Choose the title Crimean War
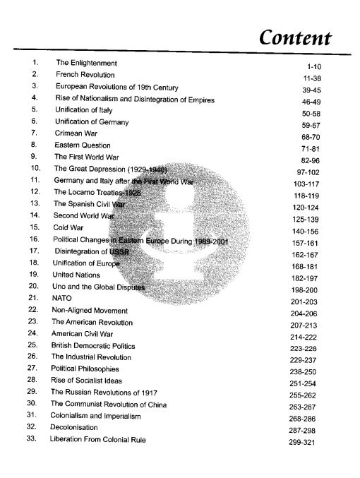(x=76, y=133)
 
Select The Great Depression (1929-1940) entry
(x=111, y=169)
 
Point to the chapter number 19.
(x=33, y=275)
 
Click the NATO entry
(x=63, y=299)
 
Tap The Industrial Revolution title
(x=93, y=357)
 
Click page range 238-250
(x=306, y=372)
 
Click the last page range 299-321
(x=306, y=442)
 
